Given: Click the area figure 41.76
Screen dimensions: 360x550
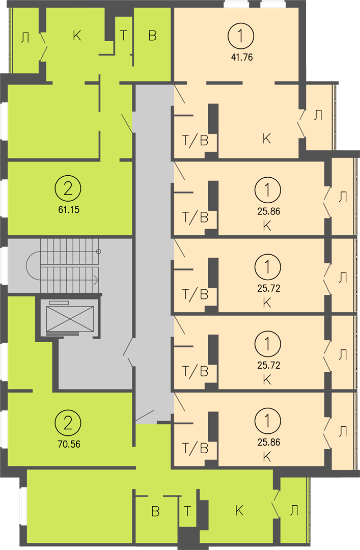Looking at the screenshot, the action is point(242,57).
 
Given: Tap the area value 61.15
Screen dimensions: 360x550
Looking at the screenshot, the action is point(69,210).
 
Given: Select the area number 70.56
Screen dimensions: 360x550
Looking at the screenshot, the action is point(69,444).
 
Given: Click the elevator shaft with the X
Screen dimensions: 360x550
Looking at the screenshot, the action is point(70,318).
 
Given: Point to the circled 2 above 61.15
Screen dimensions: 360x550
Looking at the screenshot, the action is point(68,189).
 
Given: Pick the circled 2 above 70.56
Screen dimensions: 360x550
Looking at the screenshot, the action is point(68,423).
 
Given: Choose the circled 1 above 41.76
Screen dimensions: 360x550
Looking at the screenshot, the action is point(241,36).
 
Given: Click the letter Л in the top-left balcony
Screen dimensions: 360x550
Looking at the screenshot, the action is point(24,38).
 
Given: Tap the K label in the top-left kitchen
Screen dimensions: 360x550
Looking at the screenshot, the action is point(77,36).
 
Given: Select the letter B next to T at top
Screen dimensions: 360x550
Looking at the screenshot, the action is point(152,36).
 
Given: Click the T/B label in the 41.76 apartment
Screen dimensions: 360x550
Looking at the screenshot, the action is point(195,141).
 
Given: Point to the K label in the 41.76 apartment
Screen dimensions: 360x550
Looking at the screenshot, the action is point(267,139).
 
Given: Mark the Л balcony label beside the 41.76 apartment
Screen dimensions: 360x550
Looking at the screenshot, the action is point(318,116).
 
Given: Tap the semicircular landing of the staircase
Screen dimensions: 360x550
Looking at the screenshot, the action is point(34,265).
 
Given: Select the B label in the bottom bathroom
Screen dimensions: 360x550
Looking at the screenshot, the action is point(155,511).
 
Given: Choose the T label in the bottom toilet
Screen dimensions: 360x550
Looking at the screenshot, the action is point(187,511).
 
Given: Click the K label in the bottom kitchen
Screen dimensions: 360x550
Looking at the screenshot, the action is point(239,510).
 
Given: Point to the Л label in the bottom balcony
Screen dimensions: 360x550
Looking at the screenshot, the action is point(294,511).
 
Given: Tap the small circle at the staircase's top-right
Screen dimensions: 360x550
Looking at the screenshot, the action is point(99,252).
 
